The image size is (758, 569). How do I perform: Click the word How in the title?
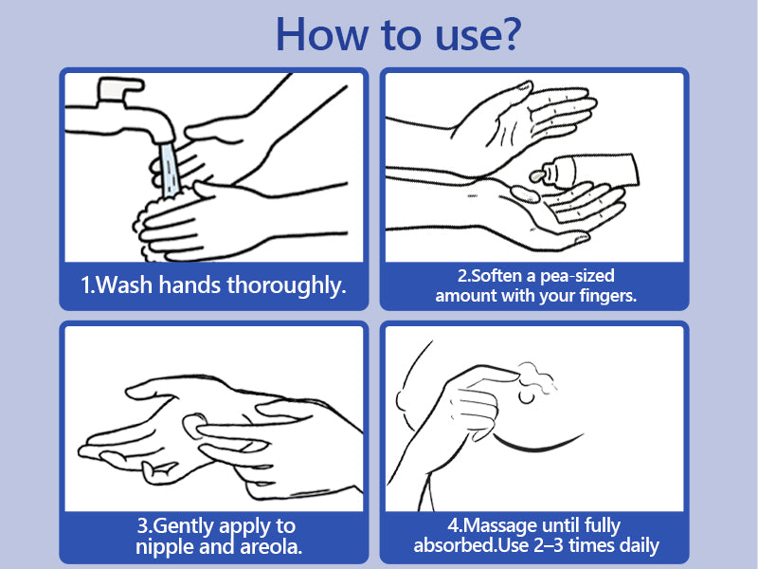[x=321, y=34]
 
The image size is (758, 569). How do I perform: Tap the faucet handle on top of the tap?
[x=120, y=88]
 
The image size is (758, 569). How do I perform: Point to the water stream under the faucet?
[x=169, y=170]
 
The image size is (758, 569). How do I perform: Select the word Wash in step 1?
[x=124, y=284]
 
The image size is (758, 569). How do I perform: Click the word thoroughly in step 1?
[x=286, y=285]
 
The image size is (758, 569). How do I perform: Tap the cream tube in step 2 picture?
[x=590, y=171]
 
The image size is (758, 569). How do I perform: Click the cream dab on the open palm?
[x=525, y=194]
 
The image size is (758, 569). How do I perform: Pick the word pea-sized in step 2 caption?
[x=577, y=276]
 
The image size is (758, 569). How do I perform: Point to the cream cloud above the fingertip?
[x=536, y=375]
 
